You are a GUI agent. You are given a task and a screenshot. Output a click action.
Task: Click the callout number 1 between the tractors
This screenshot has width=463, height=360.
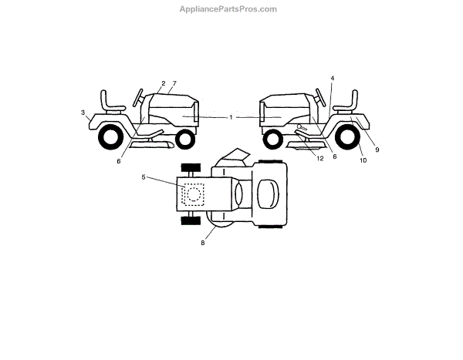coord(231,116)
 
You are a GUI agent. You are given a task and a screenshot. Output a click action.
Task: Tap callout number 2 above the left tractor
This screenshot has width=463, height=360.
coord(164,82)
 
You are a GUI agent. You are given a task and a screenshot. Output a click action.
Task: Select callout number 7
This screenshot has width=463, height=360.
coord(175,82)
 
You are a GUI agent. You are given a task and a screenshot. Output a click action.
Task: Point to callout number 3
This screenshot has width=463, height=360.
coord(83,113)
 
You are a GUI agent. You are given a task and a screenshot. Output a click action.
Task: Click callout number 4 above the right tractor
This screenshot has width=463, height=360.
coord(332,78)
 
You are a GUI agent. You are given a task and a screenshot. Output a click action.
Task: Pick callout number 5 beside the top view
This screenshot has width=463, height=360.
coord(144,177)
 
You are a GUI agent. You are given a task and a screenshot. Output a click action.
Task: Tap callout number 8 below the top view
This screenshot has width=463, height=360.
coord(203,243)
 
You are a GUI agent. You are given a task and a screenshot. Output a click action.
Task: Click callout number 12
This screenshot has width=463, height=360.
coord(319,157)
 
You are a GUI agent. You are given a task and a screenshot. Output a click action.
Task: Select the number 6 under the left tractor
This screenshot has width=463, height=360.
coord(119,161)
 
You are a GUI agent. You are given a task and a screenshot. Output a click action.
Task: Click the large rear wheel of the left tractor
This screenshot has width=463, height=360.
coord(110,136)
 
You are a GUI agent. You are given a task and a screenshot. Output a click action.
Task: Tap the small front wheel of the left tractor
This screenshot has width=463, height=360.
coord(184,140)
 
